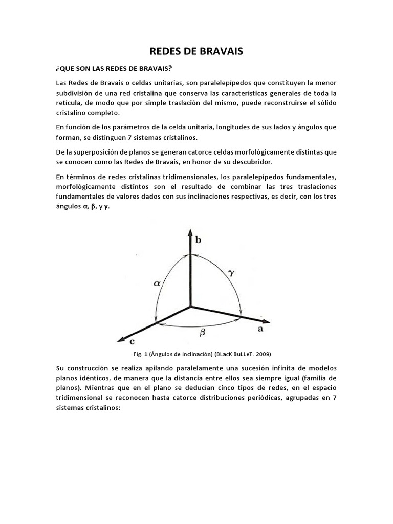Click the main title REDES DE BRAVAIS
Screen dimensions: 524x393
pos(196,51)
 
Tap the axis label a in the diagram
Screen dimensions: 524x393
pos(260,330)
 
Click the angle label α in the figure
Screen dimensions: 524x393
pos(157,282)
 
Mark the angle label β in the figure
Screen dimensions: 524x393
pos(202,332)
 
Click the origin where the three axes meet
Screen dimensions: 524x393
pos(190,307)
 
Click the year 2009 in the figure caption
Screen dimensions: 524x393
pos(262,354)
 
